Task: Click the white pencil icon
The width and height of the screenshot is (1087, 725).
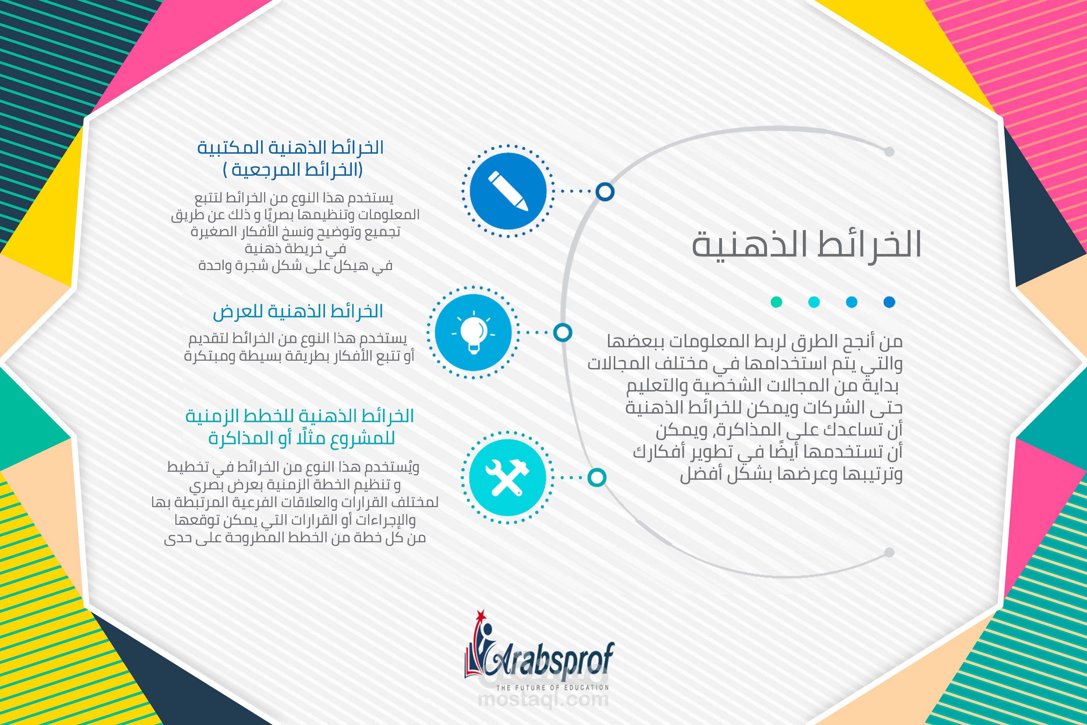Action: [x=508, y=191]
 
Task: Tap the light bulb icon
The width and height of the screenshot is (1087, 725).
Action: [x=473, y=332]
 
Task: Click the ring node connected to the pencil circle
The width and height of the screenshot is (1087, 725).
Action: [x=604, y=191]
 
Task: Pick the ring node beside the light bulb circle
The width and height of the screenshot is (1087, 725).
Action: [x=562, y=332]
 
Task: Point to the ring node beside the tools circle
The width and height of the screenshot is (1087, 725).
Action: [x=597, y=477]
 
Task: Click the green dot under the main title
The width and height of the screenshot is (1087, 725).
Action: [x=776, y=302]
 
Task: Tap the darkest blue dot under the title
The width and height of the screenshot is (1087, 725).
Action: [x=889, y=302]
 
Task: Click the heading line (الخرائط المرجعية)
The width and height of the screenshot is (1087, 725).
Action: [x=292, y=170]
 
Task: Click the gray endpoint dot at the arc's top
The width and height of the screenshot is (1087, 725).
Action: [x=889, y=151]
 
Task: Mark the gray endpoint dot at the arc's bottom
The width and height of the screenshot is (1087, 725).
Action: [x=889, y=552]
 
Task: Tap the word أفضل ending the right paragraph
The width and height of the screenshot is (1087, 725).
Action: [x=698, y=475]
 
